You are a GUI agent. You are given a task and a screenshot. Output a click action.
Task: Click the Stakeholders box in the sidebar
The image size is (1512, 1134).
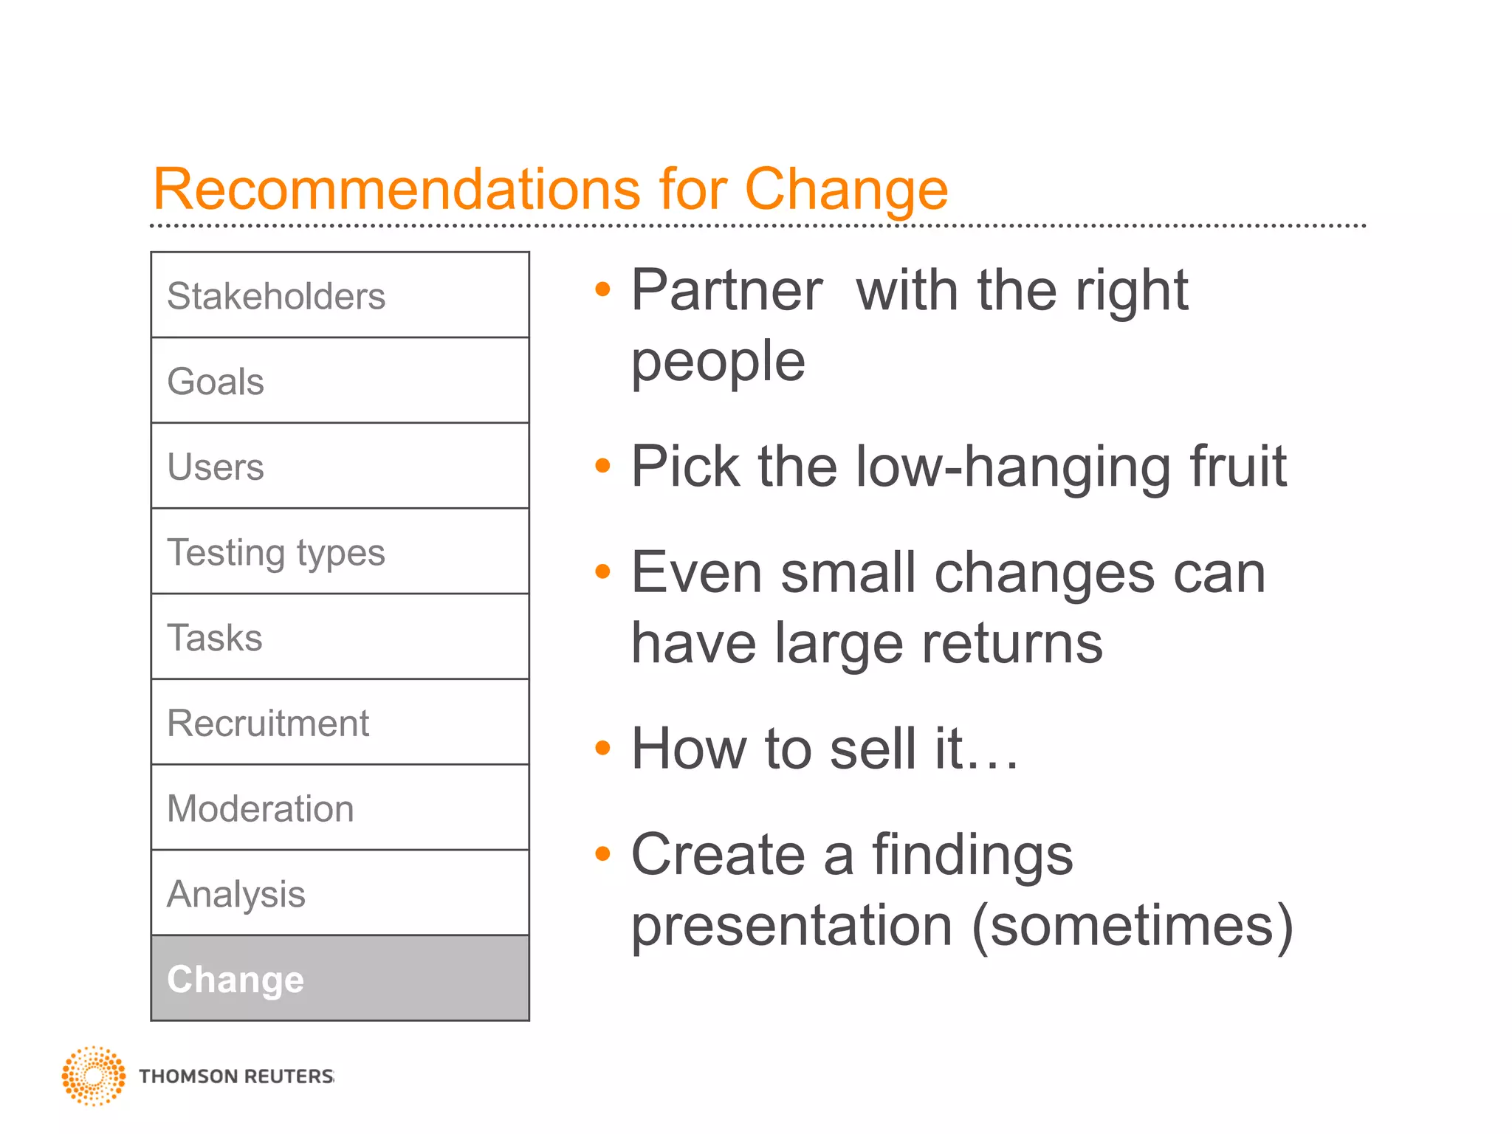pyautogui.click(x=340, y=295)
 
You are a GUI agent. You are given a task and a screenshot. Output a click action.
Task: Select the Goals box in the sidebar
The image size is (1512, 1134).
pyautogui.click(x=340, y=381)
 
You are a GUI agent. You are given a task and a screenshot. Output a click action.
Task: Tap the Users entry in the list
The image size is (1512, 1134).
pyautogui.click(x=340, y=467)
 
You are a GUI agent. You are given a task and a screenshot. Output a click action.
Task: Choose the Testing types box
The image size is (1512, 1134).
pyautogui.click(x=340, y=551)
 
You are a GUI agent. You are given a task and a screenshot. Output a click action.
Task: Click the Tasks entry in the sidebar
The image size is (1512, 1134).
pyautogui.click(x=340, y=637)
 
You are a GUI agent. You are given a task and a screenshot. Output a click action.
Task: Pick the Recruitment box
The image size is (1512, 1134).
pyautogui.click(x=340, y=723)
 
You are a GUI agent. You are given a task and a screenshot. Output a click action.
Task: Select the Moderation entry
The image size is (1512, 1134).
pyautogui.click(x=340, y=808)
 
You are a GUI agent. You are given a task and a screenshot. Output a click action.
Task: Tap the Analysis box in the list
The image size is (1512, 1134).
pyautogui.click(x=340, y=893)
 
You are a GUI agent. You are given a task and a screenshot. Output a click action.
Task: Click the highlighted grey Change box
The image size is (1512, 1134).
pyautogui.click(x=340, y=979)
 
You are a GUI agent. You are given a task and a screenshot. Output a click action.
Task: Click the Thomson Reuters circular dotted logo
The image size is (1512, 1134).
pyautogui.click(x=94, y=1076)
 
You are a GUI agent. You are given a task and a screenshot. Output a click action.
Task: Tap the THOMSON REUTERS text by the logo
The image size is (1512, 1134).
pyautogui.click(x=236, y=1076)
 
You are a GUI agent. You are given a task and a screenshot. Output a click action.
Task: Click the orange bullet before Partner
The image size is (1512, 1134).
pyautogui.click(x=603, y=289)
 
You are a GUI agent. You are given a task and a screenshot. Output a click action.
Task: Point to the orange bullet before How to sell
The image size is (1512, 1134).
pyautogui.click(x=603, y=748)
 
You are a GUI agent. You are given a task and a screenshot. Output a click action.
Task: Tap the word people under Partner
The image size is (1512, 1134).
pyautogui.click(x=718, y=362)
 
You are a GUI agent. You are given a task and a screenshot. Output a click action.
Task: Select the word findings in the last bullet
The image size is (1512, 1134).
pyautogui.click(x=972, y=855)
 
